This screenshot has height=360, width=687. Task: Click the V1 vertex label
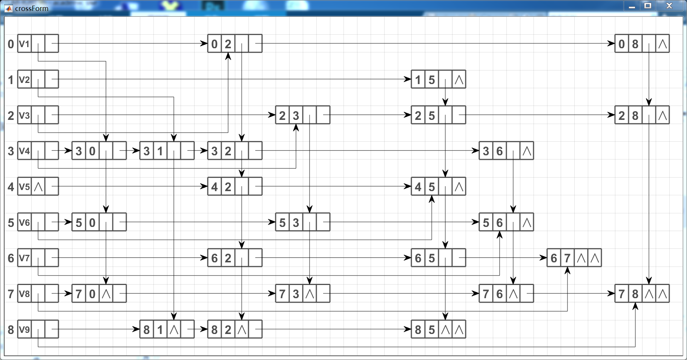(25, 44)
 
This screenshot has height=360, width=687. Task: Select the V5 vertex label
(25, 187)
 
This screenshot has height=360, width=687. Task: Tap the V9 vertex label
(25, 329)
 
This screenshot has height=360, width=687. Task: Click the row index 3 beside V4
(11, 151)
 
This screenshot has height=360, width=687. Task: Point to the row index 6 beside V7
(11, 258)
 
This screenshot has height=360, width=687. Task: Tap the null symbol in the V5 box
(38, 187)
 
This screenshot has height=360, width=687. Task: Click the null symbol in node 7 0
(106, 294)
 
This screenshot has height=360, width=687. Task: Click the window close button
(669, 6)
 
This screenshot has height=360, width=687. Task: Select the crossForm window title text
(32, 8)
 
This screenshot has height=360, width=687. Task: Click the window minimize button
(632, 6)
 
